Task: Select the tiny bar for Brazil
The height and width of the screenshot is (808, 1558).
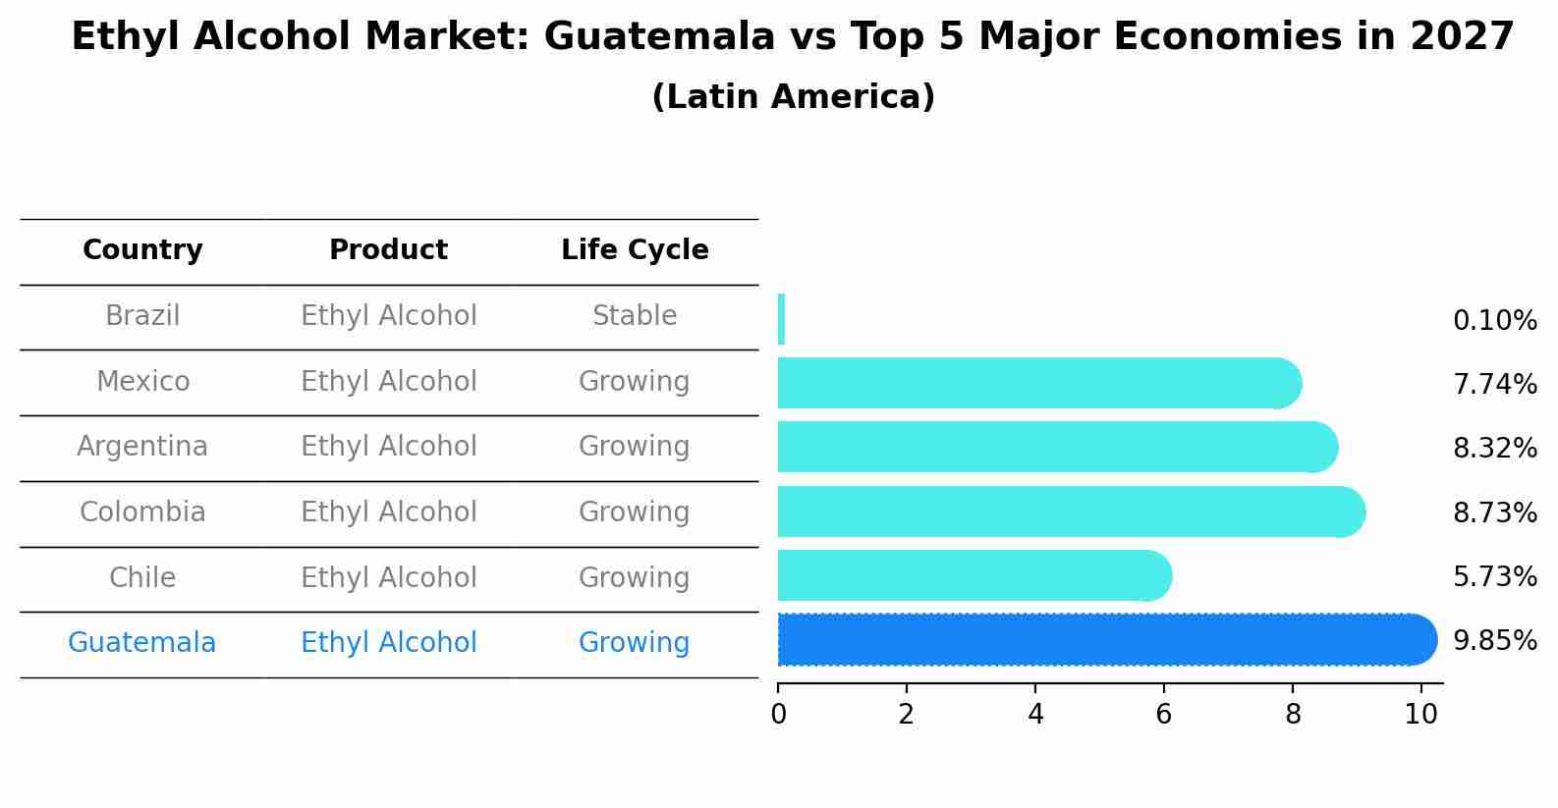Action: (x=781, y=319)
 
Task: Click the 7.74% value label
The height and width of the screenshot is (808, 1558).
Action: (x=1494, y=384)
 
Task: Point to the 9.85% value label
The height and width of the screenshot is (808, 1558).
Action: (x=1494, y=641)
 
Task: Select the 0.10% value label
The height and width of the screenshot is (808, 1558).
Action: (x=1494, y=320)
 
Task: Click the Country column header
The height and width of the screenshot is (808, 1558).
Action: (x=142, y=250)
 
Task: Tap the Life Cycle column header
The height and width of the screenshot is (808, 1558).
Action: (x=635, y=250)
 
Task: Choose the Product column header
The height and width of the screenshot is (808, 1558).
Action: (x=388, y=250)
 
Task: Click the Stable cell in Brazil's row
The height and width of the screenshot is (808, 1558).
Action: (x=635, y=316)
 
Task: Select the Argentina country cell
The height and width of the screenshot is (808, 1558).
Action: (x=142, y=447)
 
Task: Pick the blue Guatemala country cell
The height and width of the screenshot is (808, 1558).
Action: (x=142, y=643)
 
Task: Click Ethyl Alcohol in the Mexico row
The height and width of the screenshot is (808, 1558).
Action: (x=388, y=381)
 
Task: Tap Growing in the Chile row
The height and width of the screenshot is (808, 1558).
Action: (x=635, y=577)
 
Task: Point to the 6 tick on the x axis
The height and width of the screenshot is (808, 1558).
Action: (x=1163, y=714)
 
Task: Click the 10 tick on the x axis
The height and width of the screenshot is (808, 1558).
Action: (x=1420, y=714)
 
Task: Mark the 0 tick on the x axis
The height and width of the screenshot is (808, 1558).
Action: (x=778, y=714)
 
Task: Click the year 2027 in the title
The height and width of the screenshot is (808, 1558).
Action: (x=1462, y=37)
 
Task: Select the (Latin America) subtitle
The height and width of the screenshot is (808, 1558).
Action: (x=793, y=97)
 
